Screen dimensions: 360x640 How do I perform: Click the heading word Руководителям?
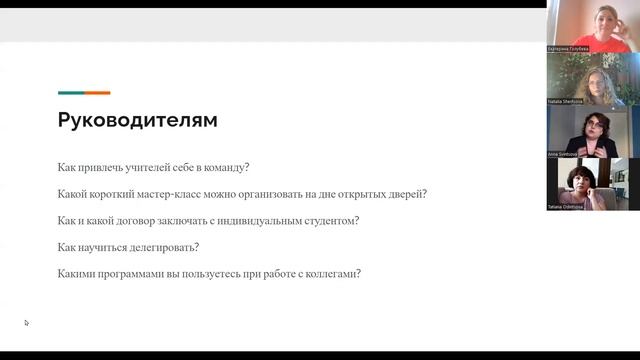pos(137,121)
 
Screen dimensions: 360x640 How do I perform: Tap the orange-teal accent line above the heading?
pos(84,93)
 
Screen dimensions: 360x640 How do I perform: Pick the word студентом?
pos(332,220)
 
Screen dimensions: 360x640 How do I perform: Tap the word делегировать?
pos(161,247)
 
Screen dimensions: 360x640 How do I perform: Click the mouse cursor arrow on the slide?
pos(27,323)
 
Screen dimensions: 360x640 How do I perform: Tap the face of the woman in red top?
pos(608,18)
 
